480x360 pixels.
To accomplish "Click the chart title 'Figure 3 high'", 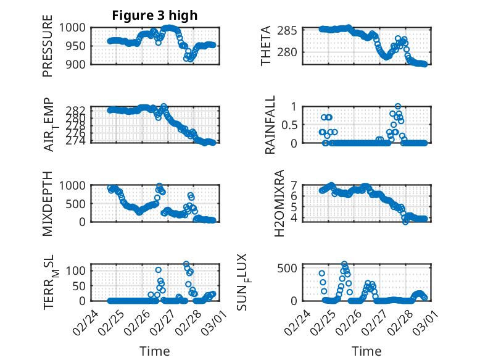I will point(155,15).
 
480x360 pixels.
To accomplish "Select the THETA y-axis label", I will point(266,46).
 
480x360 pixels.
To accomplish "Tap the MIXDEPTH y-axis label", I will point(48,204).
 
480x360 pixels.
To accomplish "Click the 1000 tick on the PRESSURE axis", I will point(75,28).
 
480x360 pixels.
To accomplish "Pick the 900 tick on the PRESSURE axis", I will point(78,64).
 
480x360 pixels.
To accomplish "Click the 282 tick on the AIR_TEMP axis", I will point(78,110).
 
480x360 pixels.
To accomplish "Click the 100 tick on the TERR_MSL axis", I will point(78,270).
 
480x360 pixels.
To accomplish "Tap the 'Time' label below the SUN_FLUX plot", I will point(367,351).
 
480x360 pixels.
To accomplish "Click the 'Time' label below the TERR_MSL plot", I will point(155,351).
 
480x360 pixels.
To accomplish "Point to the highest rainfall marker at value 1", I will point(398,106).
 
